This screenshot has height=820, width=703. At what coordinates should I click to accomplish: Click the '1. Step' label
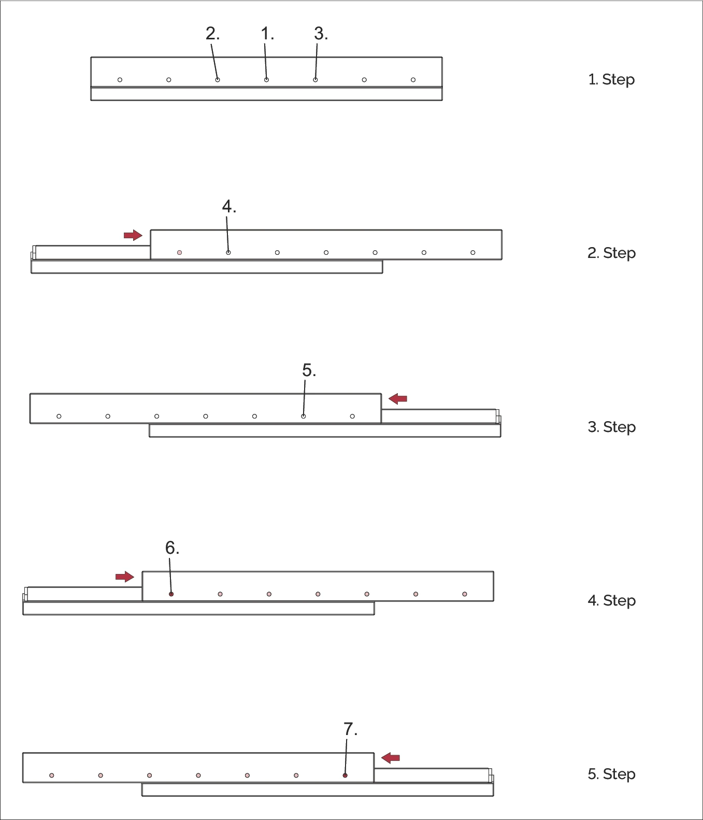[x=611, y=80]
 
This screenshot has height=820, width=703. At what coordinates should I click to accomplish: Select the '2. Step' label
[x=611, y=253]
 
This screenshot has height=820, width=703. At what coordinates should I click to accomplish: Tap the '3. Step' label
[x=611, y=427]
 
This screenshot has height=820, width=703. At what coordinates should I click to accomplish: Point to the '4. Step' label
[x=611, y=600]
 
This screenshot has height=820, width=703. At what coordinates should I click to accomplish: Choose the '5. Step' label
[x=611, y=774]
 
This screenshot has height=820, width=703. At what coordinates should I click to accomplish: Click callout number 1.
[x=267, y=34]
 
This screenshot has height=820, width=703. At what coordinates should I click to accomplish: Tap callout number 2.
[x=212, y=34]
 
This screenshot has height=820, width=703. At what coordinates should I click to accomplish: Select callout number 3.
[x=321, y=34]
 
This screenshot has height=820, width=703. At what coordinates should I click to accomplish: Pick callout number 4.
[x=228, y=207]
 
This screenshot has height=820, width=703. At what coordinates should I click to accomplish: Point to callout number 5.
[x=309, y=371]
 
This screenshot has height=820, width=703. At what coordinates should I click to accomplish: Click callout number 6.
[x=172, y=548]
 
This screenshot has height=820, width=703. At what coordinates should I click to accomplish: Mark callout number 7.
[x=350, y=729]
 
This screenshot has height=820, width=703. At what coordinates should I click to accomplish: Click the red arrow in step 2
[x=133, y=235]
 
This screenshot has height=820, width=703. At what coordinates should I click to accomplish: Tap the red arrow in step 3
[x=398, y=398]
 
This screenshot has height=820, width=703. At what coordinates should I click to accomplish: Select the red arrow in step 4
[x=125, y=577]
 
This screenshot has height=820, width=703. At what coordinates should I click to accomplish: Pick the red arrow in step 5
[x=391, y=758]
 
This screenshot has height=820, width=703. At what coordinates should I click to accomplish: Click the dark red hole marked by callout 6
[x=171, y=594]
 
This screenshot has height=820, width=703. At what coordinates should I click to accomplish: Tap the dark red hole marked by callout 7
[x=345, y=775]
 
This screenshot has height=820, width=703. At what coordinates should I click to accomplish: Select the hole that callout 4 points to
[x=228, y=253]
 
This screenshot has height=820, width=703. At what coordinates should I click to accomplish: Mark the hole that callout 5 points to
[x=304, y=416]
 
